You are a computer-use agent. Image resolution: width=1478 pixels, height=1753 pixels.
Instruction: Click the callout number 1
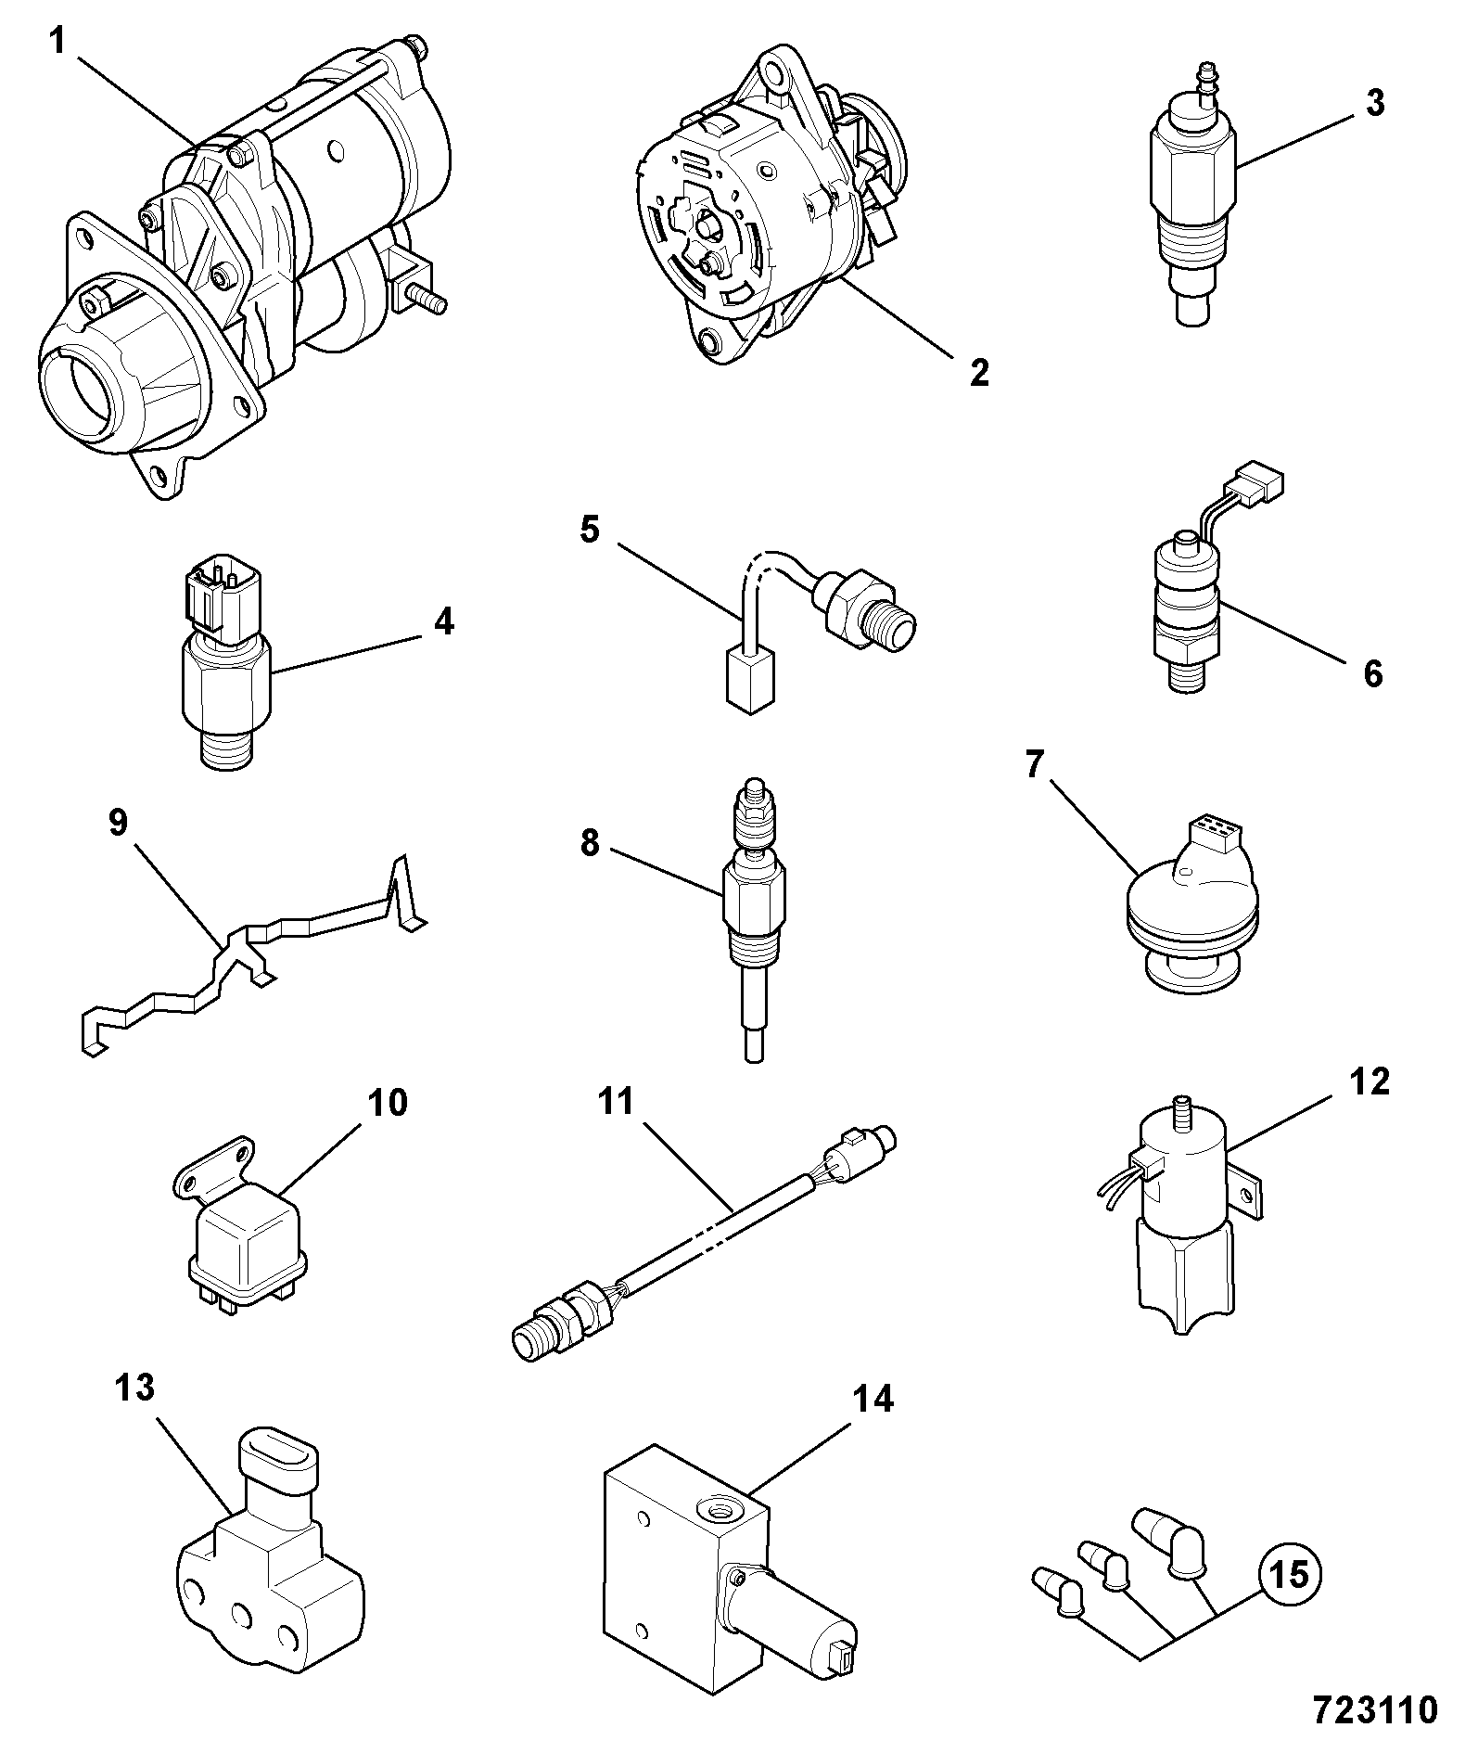click(x=57, y=43)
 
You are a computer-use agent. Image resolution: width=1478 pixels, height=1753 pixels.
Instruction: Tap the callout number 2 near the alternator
click(x=978, y=373)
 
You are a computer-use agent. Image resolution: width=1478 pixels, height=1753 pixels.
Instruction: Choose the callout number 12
click(x=1370, y=1081)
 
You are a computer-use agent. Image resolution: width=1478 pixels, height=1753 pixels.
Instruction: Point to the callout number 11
click(x=616, y=1101)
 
